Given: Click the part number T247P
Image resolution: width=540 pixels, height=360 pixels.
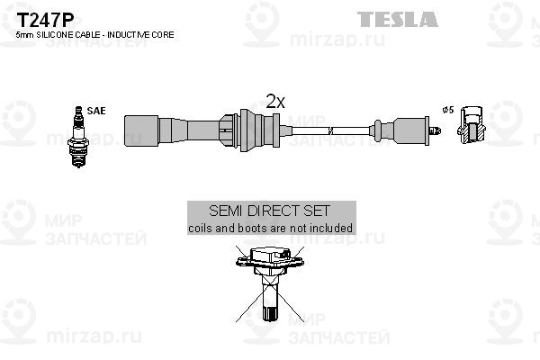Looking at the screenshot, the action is coord(45,21).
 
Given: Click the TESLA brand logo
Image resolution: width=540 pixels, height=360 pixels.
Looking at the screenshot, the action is coord(398,19).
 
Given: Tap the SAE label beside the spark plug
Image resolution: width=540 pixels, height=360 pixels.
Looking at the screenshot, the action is coord(96,111).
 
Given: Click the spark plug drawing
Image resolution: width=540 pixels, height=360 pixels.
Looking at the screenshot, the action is coord(78,137).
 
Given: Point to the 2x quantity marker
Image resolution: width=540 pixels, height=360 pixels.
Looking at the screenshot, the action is coord(275,102).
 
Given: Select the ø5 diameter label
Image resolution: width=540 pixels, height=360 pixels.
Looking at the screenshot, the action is coord(448,110).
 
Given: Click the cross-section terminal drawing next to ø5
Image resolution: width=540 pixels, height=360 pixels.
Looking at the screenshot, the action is coord(472,125).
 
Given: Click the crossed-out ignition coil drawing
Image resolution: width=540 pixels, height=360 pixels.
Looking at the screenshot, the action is coord(270,283).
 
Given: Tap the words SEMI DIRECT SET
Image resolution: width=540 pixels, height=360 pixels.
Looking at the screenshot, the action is coord(270,211).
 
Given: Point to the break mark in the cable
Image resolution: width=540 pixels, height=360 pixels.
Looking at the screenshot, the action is coord(330,130).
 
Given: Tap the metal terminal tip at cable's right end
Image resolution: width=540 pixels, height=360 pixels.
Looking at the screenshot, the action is coord(435,130).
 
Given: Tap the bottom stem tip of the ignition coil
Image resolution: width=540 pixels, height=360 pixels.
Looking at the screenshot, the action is coord(270,314).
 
